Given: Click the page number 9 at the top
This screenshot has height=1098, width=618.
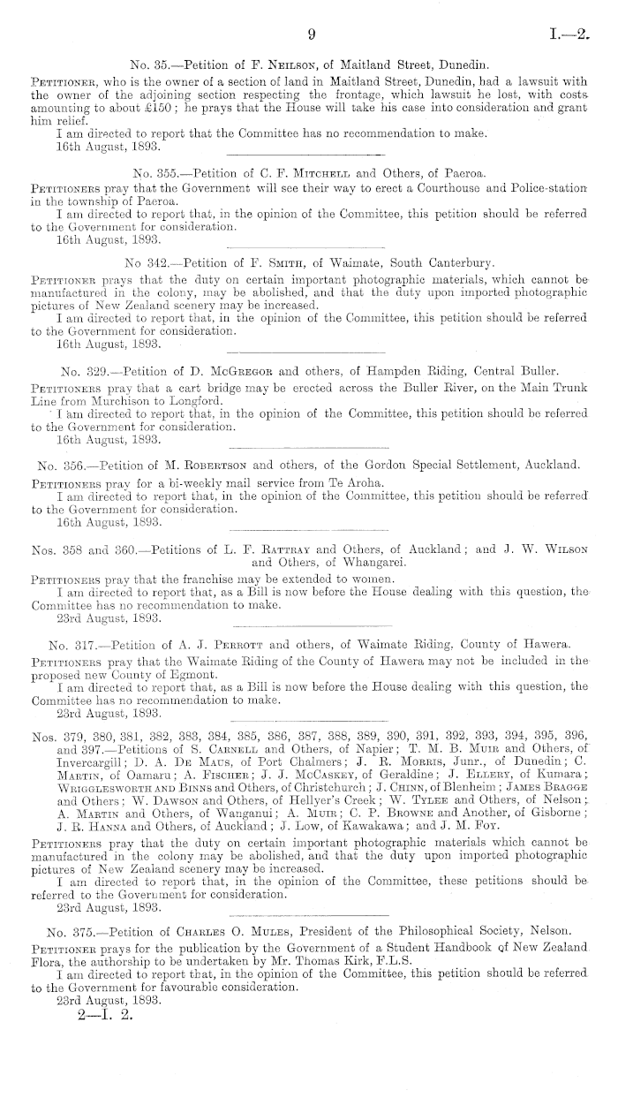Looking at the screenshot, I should point(311,35).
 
